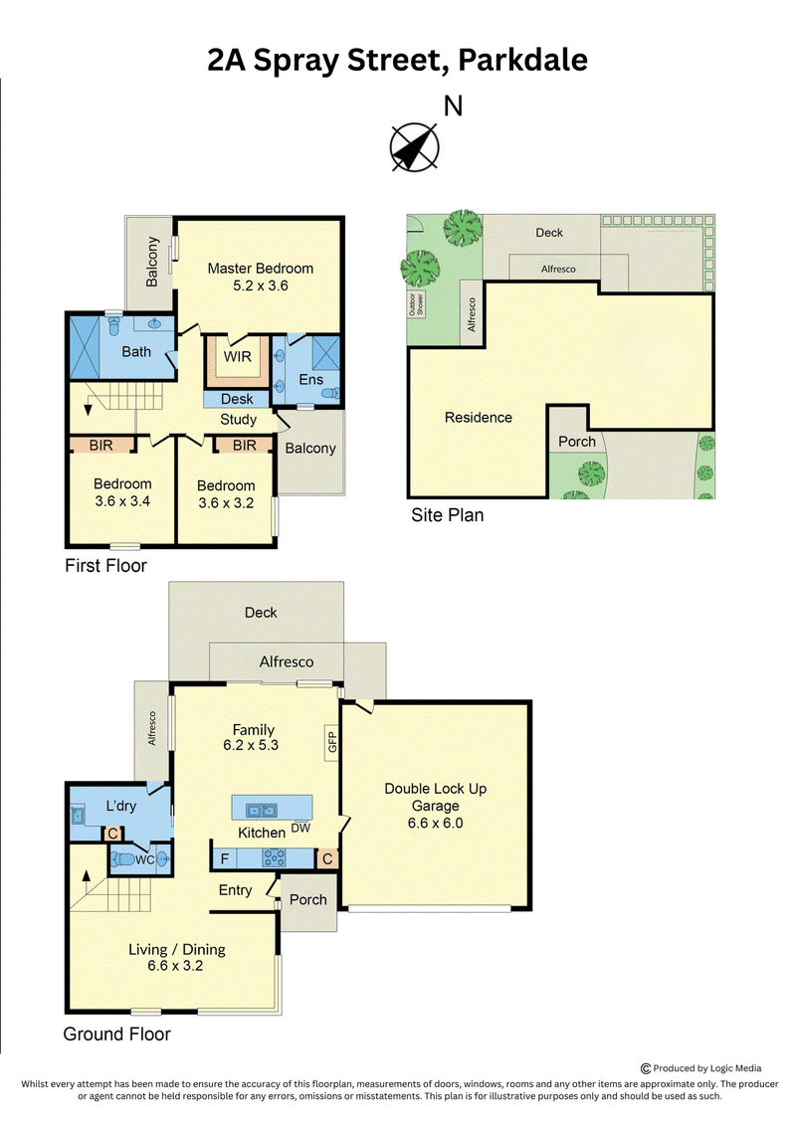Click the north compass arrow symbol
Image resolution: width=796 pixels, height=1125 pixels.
click(414, 147)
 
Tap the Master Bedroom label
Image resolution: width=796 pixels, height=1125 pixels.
click(261, 269)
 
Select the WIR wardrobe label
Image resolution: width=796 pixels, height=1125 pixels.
click(238, 356)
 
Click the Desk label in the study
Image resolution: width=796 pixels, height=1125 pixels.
click(237, 399)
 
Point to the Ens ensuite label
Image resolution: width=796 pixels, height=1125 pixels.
click(310, 380)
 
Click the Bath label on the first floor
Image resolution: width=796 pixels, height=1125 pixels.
click(136, 351)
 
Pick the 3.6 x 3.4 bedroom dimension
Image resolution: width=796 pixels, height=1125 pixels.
click(122, 501)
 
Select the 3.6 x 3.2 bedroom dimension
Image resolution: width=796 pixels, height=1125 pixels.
click(226, 503)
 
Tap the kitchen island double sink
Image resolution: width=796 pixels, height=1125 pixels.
click(262, 811)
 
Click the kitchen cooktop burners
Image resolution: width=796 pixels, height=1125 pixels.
click(275, 857)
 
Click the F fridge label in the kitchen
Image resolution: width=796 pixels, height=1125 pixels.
click(225, 858)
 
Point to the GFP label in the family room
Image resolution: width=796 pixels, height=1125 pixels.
click(331, 741)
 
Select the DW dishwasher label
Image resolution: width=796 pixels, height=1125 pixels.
click(300, 828)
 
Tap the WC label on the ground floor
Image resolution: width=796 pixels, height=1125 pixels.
click(145, 859)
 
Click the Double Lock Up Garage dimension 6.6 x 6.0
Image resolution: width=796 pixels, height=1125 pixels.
click(436, 823)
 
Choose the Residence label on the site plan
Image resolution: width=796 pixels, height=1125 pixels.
click(479, 418)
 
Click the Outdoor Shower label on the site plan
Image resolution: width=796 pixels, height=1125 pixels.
click(416, 303)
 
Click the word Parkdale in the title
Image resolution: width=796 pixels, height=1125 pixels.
click(522, 61)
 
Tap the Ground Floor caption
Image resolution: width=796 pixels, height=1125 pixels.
click(117, 1033)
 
